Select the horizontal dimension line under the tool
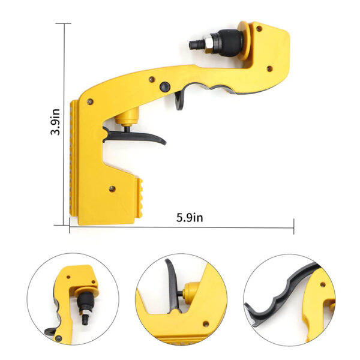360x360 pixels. (x=180, y=227)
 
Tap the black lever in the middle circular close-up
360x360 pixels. (x=170, y=282)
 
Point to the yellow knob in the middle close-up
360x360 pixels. (x=191, y=292)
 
